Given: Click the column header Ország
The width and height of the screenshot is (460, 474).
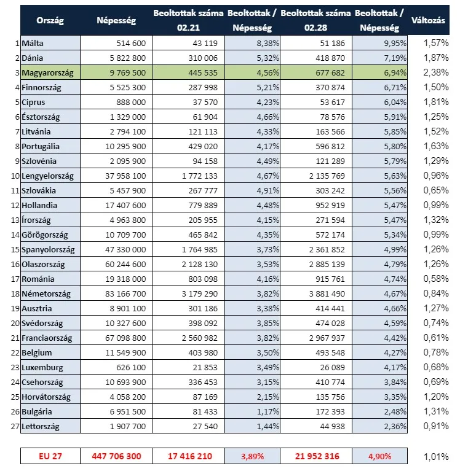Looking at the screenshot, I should pyautogui.click(x=50, y=21).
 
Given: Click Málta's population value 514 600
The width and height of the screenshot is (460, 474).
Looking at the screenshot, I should pyautogui.click(x=128, y=43).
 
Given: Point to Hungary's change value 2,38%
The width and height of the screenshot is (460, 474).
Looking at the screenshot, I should pyautogui.click(x=435, y=72).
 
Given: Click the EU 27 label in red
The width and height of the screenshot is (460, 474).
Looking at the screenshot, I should pyautogui.click(x=50, y=456).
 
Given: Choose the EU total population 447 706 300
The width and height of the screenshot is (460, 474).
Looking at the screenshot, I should pyautogui.click(x=116, y=456).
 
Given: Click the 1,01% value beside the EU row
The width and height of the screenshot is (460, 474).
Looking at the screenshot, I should pyautogui.click(x=435, y=456).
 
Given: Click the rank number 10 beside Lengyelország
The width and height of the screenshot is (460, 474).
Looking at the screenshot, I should pyautogui.click(x=14, y=176).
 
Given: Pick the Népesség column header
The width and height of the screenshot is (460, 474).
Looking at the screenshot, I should pyautogui.click(x=116, y=21).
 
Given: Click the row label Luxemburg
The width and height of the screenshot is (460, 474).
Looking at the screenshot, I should pyautogui.click(x=42, y=367).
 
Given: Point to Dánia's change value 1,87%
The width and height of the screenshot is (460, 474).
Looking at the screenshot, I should pyautogui.click(x=435, y=58).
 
